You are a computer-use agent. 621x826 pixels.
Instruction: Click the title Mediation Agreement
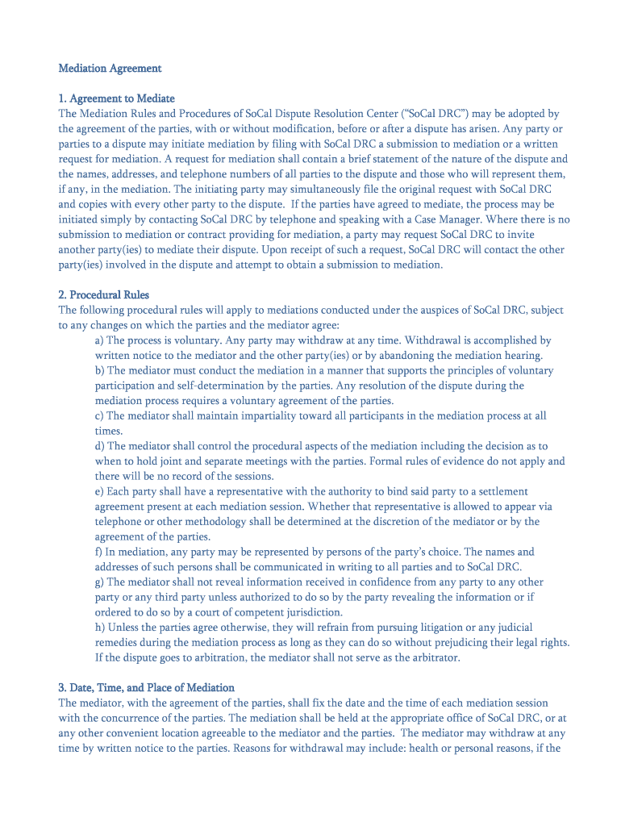(110, 69)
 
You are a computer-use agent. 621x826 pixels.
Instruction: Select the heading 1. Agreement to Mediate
(116, 98)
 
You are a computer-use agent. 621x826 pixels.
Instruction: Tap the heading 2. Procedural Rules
(103, 294)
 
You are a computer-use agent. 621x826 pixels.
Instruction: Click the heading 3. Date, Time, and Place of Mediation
(146, 687)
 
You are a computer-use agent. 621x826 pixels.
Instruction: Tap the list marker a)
(99, 340)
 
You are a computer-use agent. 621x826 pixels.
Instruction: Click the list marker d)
(99, 446)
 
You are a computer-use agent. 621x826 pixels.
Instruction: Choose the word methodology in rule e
(205, 522)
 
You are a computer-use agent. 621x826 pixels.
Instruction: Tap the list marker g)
(99, 582)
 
